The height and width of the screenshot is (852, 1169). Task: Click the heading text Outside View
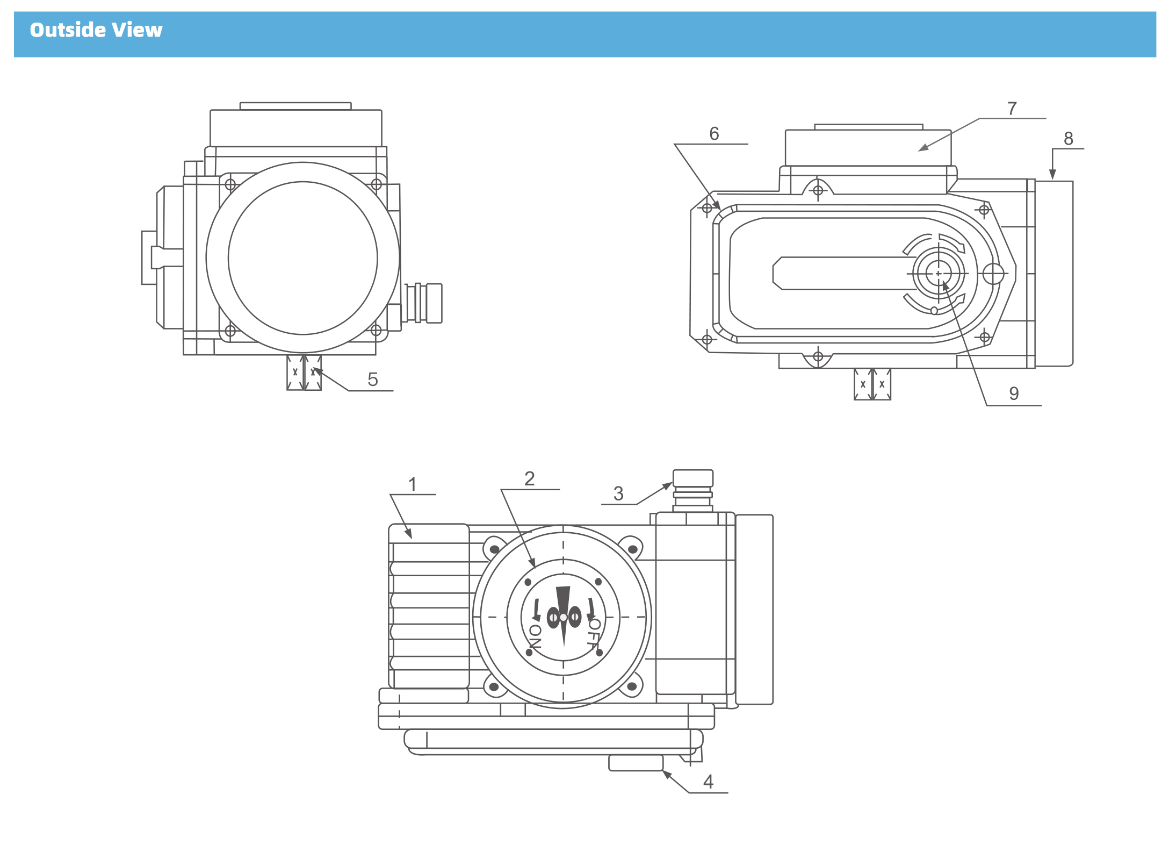96,30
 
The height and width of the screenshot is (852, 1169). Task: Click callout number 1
413,484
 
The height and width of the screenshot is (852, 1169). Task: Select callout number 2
530,478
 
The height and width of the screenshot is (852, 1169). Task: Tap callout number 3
618,493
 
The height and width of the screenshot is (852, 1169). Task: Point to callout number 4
708,781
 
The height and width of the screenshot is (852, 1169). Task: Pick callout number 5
373,380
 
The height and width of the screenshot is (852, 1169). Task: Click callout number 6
714,133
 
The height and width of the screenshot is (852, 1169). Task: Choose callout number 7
1012,109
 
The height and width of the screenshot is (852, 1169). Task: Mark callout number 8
1069,139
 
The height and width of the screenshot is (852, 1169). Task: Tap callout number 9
1014,393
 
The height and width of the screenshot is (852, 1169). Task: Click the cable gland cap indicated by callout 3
693,478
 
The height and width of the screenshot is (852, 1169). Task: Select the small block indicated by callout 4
636,763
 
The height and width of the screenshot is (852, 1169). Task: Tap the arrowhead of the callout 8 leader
1052,175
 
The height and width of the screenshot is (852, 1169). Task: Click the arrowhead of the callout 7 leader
922,148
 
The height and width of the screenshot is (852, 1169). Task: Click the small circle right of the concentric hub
993,274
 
